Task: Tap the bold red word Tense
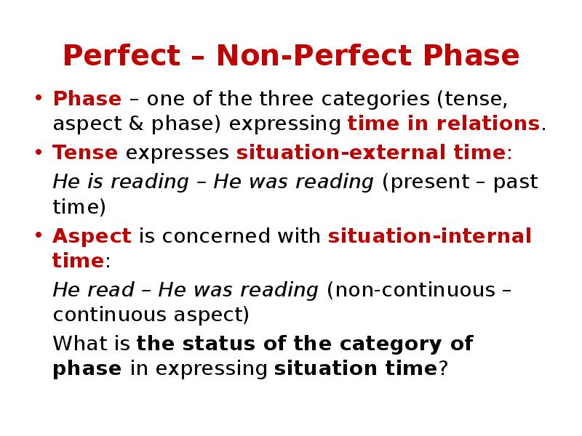(x=85, y=153)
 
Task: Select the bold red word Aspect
(x=92, y=235)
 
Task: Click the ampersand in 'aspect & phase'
(x=135, y=124)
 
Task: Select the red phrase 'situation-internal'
(x=429, y=235)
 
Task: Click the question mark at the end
(x=442, y=368)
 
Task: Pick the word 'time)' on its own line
(x=79, y=207)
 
